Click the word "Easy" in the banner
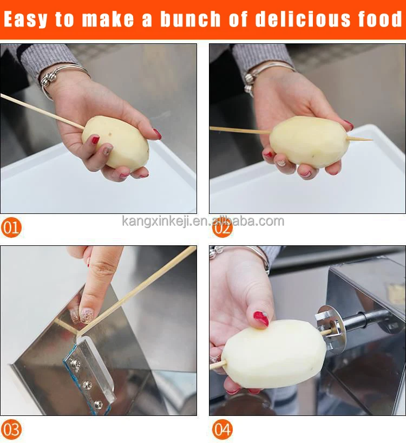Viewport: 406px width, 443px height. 25,20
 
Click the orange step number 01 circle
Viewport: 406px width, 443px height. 11,227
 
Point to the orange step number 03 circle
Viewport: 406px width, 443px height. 11,429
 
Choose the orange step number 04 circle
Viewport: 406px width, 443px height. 222,429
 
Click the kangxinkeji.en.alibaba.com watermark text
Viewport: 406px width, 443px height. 203,221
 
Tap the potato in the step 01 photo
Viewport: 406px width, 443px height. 115,142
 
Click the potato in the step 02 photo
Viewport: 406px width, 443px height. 310,142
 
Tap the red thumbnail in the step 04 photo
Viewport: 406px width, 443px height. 261,318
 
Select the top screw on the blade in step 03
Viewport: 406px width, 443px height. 75,362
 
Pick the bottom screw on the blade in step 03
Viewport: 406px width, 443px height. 99,405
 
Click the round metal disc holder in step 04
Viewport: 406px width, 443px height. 330,329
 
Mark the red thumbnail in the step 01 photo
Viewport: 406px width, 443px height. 95,140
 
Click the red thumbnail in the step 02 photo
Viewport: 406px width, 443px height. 348,125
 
